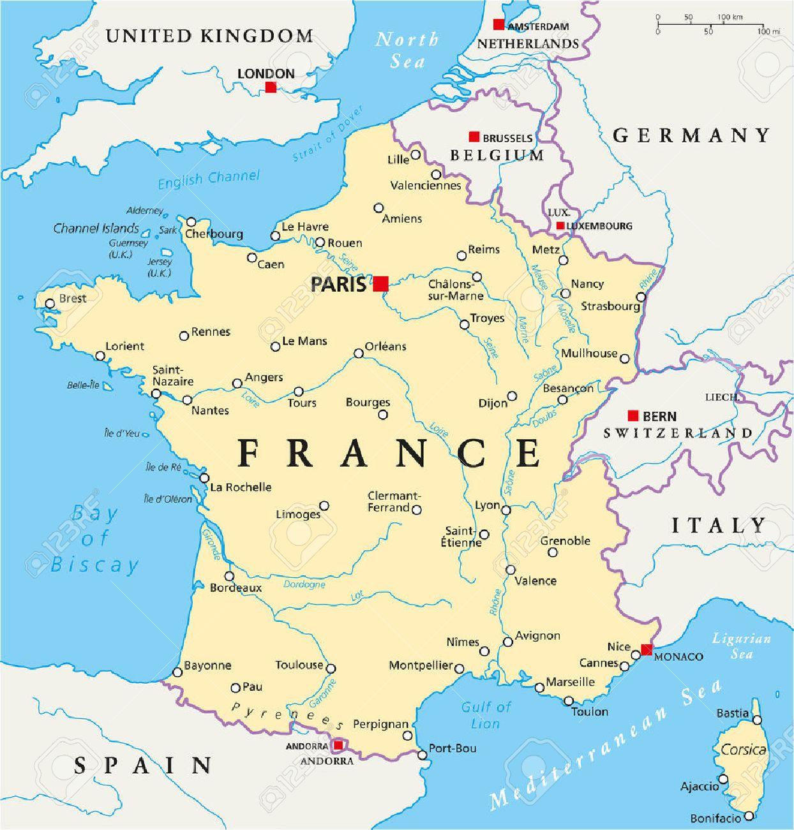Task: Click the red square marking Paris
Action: coord(380,283)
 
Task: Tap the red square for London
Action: coord(271,87)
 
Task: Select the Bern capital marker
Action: coord(633,416)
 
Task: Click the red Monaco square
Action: coord(647,650)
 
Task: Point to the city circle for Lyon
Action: coord(506,509)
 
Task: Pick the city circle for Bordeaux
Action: coord(230,576)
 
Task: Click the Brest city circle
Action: coord(50,303)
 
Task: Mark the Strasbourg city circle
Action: coord(641,297)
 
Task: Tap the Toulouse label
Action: coord(299,665)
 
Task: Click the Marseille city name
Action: coord(570,682)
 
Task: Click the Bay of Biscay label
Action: coord(94,539)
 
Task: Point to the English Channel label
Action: coord(209,179)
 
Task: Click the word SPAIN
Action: coord(143,764)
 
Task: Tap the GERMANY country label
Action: coord(692,135)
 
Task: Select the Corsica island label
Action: coord(743,750)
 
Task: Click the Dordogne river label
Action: coord(304,584)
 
